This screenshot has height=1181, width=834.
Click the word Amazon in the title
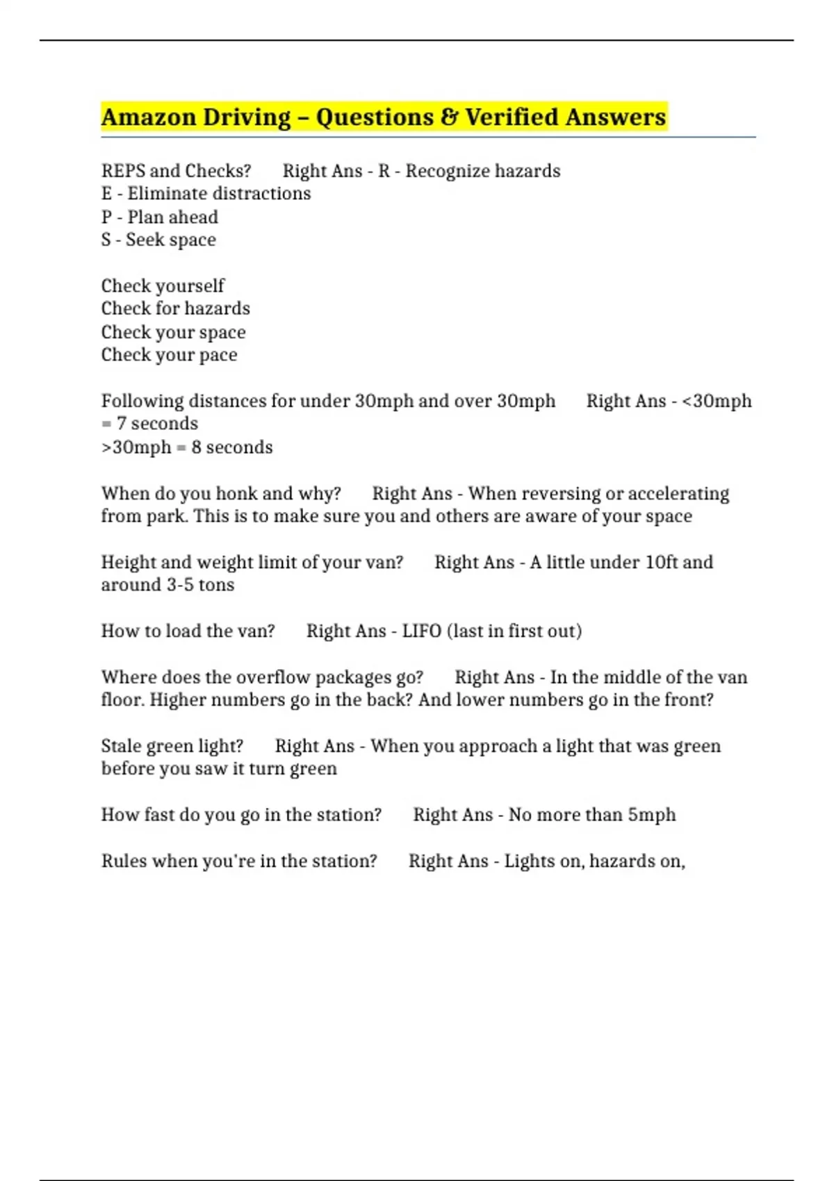148,117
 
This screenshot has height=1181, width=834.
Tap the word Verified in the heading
512,117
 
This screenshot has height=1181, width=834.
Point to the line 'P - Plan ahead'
159,217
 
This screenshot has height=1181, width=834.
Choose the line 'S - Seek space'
158,240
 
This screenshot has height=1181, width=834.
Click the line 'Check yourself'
163,286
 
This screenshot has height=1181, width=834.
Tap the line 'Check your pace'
169,355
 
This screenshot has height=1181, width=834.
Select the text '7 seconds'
157,424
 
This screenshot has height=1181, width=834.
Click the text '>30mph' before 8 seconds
136,447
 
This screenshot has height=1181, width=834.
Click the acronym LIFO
421,631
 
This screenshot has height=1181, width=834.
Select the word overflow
274,677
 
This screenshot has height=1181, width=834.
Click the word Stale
120,746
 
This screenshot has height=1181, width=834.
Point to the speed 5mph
651,815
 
